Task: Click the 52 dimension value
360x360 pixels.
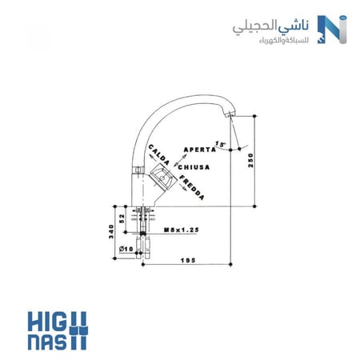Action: click(x=122, y=218)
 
